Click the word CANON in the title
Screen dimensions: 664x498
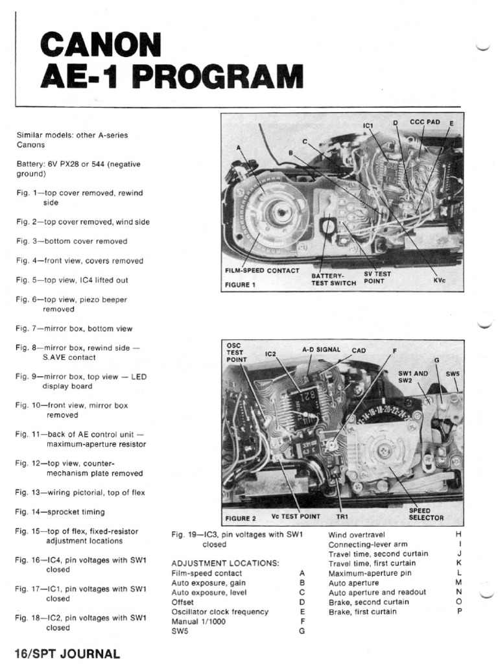point(101,46)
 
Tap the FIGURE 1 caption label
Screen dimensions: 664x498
point(241,284)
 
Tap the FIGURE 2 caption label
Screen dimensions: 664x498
point(241,518)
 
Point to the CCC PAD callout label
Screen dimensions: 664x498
point(425,121)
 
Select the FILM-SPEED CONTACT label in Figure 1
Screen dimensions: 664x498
point(262,270)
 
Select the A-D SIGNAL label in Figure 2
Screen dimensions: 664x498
point(321,350)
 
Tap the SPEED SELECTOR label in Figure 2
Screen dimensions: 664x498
point(426,514)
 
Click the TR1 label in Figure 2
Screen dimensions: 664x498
point(342,517)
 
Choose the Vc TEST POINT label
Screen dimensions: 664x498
point(296,517)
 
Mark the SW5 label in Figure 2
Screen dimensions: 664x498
point(452,374)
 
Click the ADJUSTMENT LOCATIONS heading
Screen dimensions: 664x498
point(225,563)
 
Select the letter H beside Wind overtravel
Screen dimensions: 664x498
point(459,534)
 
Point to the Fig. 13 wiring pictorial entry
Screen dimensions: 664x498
point(80,492)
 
